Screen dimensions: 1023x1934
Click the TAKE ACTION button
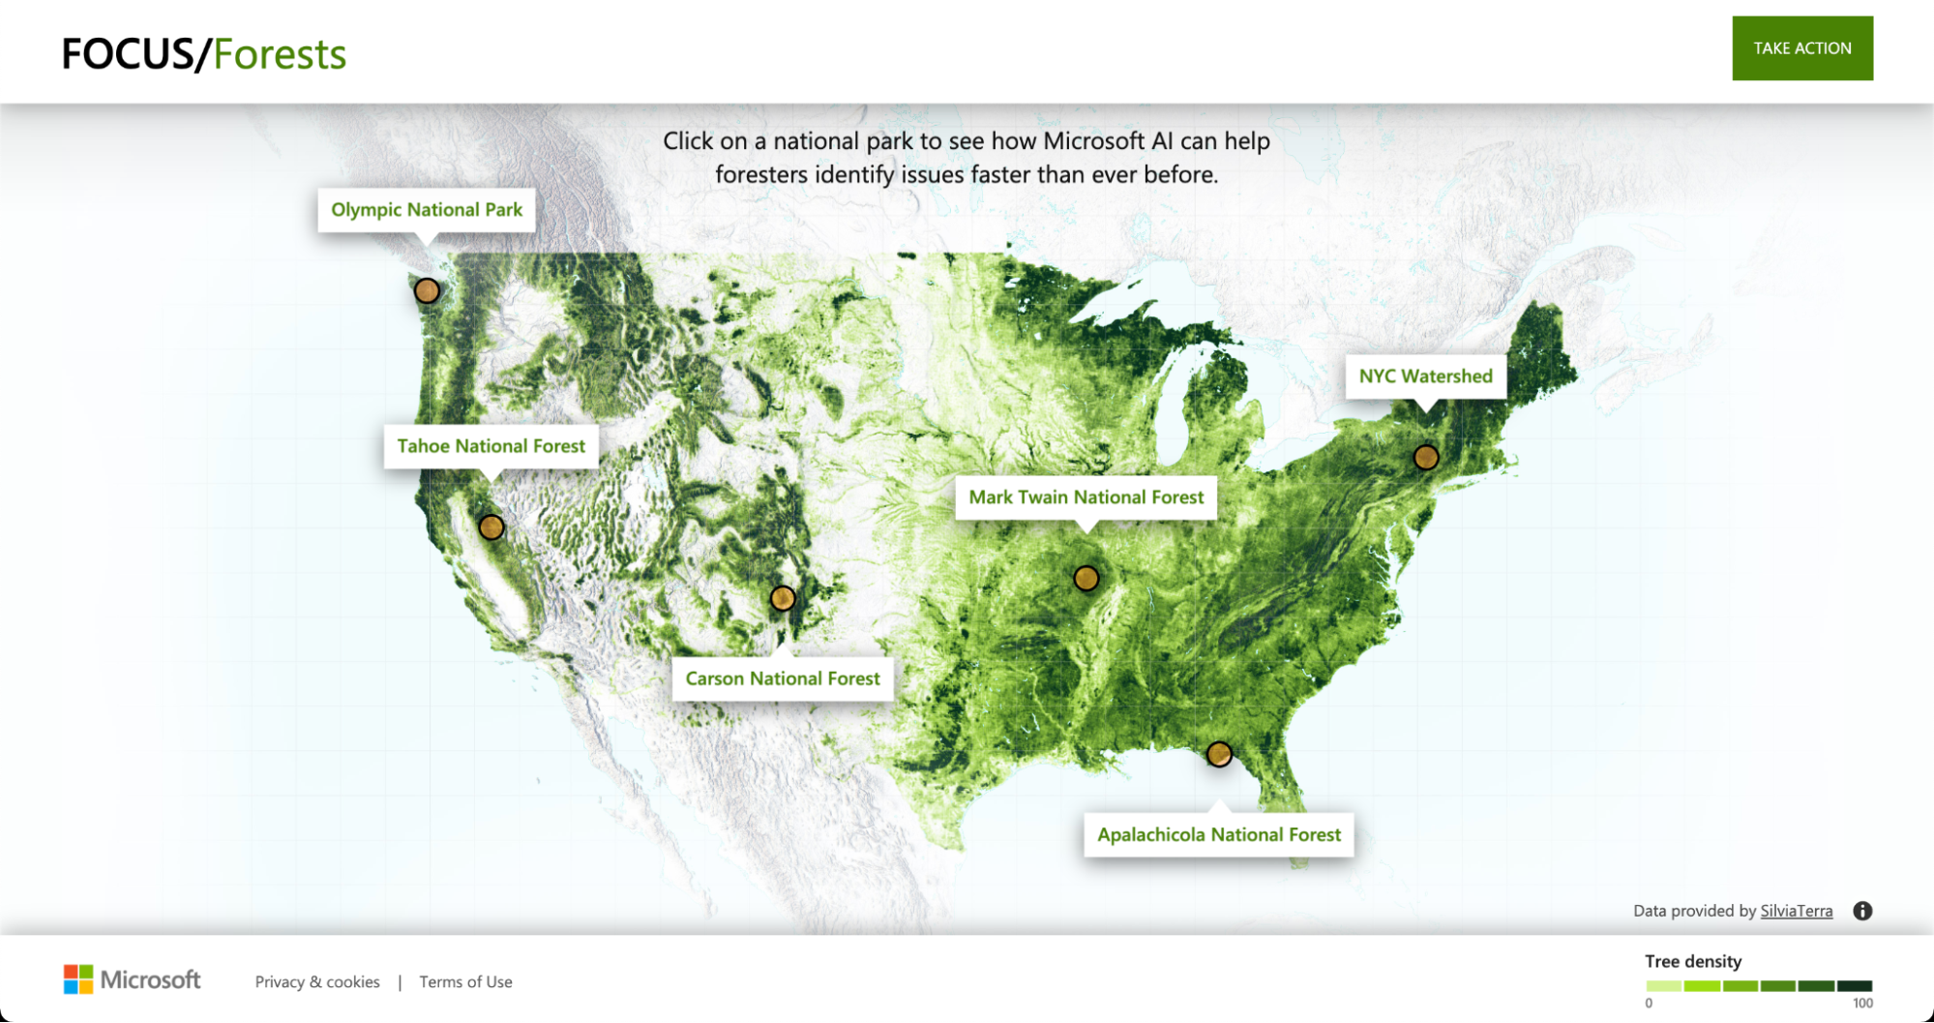(1801, 48)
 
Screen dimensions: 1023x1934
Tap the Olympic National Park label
(427, 210)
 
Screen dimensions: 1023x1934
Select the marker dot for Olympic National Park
(427, 290)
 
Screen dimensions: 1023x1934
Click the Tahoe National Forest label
(491, 446)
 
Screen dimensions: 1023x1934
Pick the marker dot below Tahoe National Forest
(491, 527)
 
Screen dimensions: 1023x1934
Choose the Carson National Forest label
(783, 678)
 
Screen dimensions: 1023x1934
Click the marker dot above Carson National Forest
(783, 599)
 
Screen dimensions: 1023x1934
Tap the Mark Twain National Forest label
(1086, 497)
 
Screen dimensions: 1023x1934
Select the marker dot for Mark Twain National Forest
(1086, 579)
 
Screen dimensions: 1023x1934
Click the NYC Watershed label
(1425, 376)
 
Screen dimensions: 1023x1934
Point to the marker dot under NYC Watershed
(1426, 457)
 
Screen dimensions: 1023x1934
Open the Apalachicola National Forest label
(1219, 834)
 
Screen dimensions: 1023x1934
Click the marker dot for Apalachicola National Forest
(1219, 754)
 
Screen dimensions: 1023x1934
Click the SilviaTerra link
(1796, 911)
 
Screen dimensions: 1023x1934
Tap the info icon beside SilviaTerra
(1862, 911)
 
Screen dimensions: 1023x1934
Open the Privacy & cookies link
(317, 982)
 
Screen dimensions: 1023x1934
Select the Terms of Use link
(465, 982)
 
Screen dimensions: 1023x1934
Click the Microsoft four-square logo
(78, 979)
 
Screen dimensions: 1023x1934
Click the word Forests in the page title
(280, 55)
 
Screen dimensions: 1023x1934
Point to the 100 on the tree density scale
(1862, 1004)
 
